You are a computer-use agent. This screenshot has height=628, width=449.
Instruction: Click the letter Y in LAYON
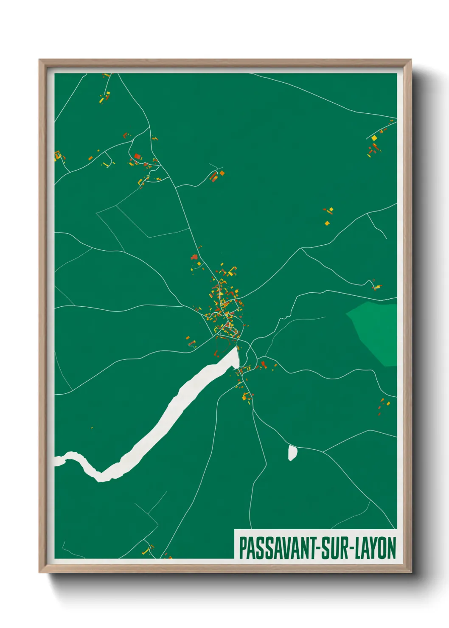(374, 548)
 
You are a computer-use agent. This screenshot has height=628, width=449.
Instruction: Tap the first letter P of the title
(243, 548)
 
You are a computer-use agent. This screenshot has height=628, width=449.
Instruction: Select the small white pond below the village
(292, 452)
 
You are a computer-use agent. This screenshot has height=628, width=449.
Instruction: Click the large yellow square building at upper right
(374, 137)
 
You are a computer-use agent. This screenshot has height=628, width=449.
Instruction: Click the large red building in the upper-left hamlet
(137, 157)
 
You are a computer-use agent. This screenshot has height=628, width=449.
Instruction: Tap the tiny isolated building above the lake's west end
(92, 427)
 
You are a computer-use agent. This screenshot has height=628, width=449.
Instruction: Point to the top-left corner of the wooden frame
(40, 60)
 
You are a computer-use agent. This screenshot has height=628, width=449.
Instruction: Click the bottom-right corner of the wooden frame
(411, 572)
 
